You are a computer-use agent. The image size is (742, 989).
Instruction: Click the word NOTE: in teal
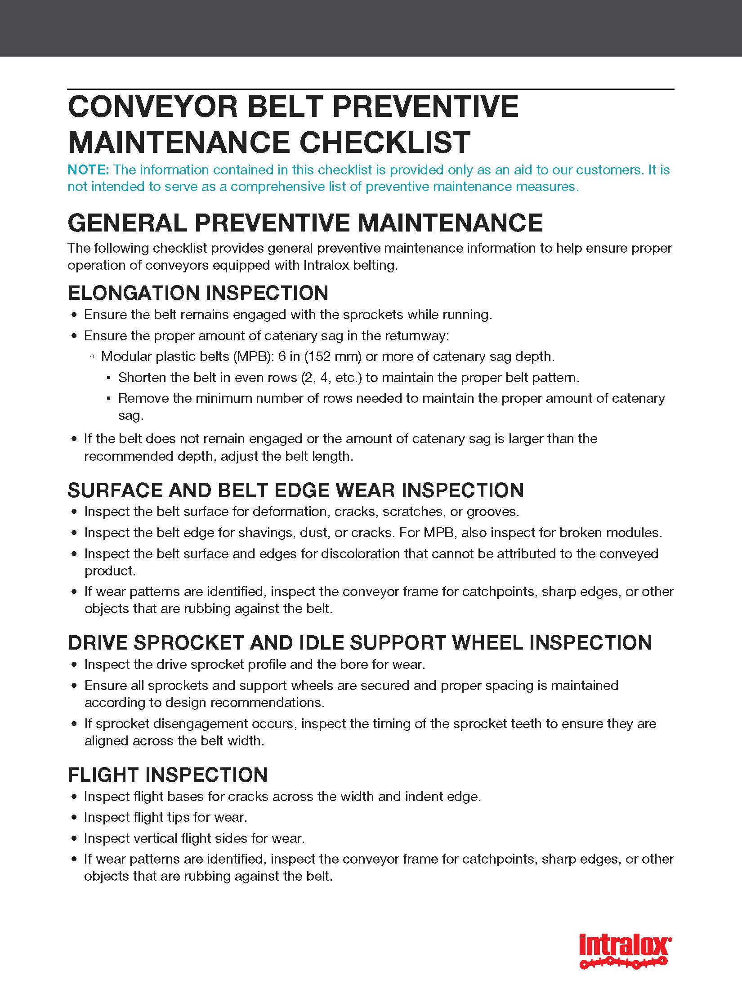tap(88, 170)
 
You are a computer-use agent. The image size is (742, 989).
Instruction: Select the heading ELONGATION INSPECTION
tap(198, 293)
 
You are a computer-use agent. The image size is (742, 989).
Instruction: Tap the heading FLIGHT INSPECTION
tap(168, 775)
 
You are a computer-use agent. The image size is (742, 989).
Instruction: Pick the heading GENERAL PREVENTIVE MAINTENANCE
tap(305, 223)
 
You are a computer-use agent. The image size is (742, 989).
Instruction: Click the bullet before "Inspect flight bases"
tap(75, 797)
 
